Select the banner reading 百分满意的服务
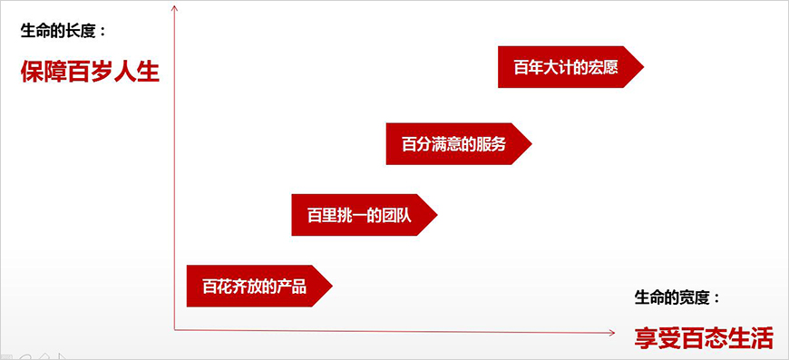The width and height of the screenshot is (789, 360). (453, 143)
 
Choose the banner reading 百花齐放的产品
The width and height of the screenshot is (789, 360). (255, 287)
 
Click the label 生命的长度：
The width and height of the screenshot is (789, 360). (63, 31)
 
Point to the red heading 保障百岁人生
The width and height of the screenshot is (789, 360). (90, 71)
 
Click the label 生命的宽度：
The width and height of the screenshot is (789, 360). (677, 297)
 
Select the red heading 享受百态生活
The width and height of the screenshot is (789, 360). (703, 338)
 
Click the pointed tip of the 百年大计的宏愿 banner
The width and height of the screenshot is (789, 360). (641, 67)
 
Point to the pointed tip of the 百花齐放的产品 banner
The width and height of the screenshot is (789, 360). (331, 287)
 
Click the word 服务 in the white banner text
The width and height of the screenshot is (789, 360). (491, 143)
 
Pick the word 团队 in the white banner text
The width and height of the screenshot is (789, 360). (396, 215)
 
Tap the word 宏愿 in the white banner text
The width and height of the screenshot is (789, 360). (603, 67)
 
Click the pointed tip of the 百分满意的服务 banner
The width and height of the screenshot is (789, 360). (530, 143)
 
